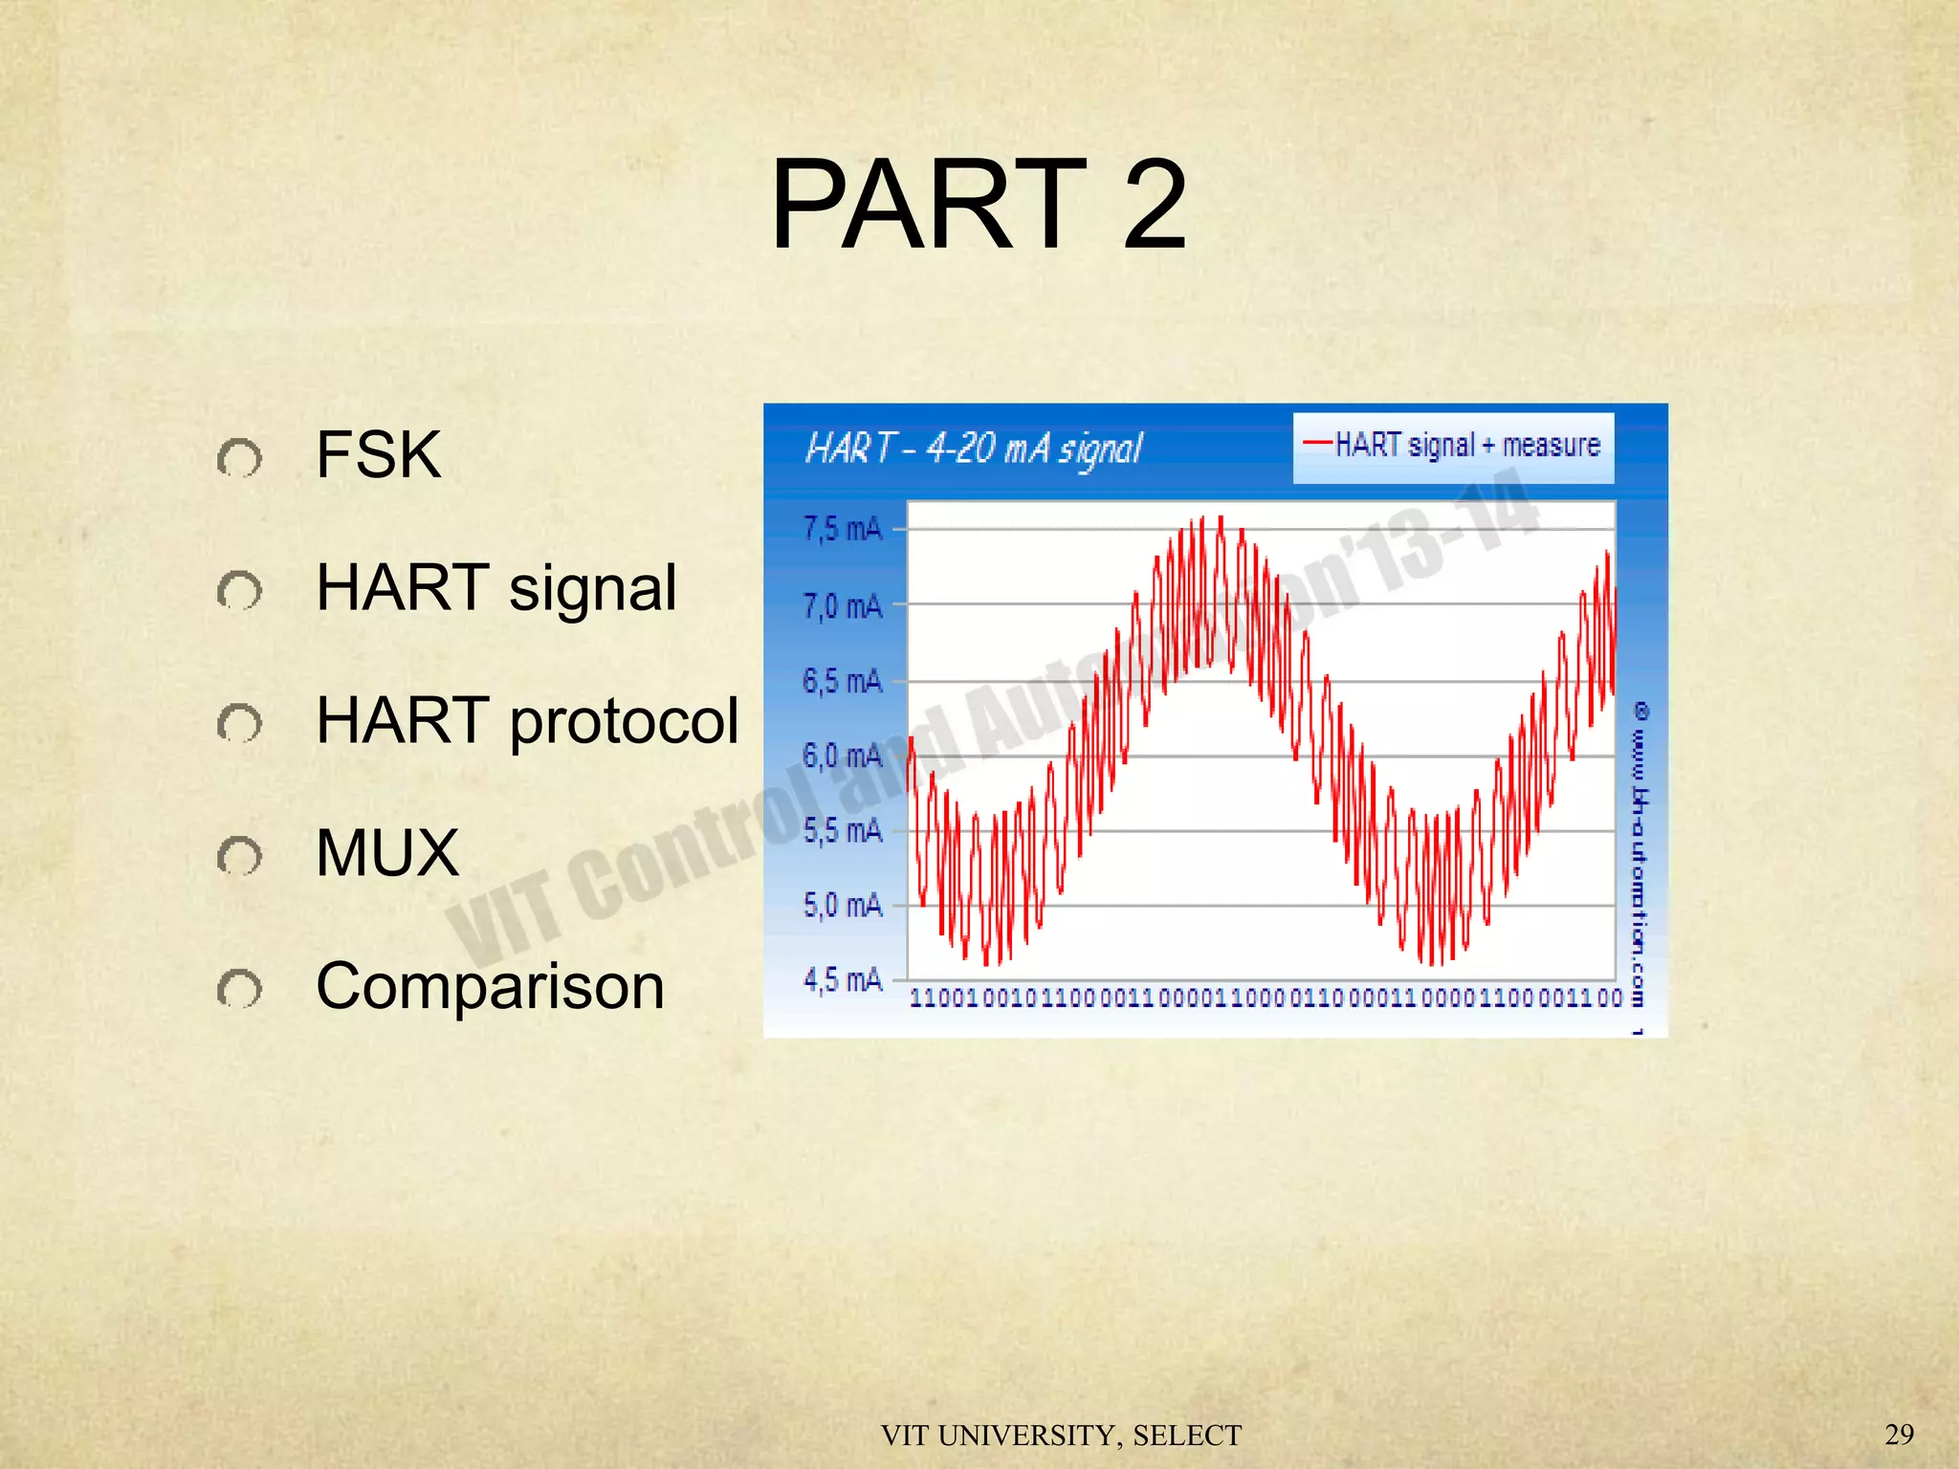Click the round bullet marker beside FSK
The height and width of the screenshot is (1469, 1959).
(239, 459)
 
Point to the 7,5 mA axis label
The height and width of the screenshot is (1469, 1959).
(842, 529)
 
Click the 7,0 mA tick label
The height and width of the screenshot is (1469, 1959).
(842, 605)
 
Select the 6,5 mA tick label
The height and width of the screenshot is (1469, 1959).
(842, 681)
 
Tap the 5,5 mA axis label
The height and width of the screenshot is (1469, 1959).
(842, 830)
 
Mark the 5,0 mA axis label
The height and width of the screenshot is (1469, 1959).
(842, 905)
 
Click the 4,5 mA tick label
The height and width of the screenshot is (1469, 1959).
(842, 979)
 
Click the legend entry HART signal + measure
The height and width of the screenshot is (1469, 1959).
(1454, 446)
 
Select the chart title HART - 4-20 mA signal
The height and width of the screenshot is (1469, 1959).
(974, 448)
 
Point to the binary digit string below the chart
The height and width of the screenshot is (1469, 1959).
(1265, 998)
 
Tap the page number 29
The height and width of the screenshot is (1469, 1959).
(1899, 1434)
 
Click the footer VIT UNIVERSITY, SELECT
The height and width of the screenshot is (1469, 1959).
(1061, 1435)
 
